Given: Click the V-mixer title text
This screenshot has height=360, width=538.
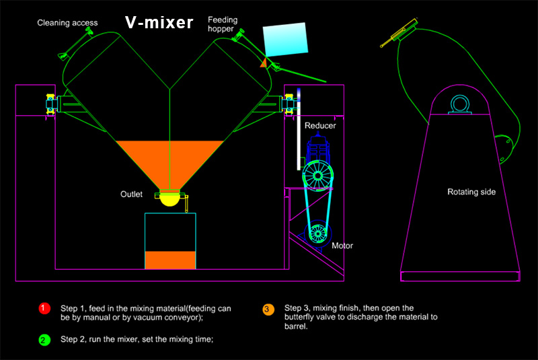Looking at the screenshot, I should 159,23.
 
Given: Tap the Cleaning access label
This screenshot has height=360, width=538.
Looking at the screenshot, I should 67,23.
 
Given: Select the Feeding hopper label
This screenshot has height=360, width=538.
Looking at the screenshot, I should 223,25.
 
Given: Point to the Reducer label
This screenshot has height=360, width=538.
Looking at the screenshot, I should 320,126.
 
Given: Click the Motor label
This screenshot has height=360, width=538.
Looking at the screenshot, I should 342,246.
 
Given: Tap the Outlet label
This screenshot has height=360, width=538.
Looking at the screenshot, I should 132,195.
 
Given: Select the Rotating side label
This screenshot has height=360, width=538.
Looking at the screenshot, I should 471,192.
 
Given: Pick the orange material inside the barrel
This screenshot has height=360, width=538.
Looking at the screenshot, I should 170,260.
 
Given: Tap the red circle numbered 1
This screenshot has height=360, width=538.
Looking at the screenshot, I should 44,308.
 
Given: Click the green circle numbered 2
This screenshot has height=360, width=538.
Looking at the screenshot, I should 44,340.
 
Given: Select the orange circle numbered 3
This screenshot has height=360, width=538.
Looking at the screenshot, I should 268,309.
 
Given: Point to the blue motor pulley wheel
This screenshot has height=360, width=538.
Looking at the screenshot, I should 316,233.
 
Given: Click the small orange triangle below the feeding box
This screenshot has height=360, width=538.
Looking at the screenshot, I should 264,63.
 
